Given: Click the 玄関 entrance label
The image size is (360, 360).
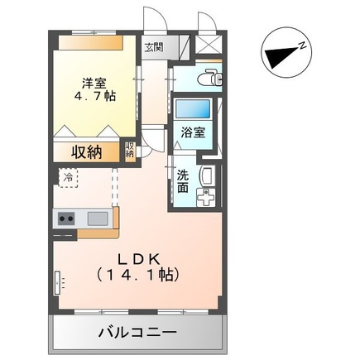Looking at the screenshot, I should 153,47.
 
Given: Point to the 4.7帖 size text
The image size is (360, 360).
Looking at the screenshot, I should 94,96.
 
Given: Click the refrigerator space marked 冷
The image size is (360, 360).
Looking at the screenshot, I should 65,176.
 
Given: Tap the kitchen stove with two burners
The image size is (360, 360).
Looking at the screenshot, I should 66,219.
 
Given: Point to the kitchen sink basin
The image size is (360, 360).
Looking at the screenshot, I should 97,219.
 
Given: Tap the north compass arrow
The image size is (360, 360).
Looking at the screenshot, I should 281,55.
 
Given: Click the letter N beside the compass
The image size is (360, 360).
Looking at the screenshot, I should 303,43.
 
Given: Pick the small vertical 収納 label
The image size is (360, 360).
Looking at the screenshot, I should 130,151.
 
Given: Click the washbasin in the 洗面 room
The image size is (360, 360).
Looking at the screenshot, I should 207,175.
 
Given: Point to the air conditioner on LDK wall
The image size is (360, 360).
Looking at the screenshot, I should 59,283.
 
